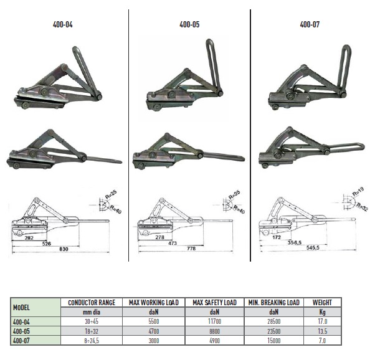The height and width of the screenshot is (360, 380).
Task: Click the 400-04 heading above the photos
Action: click(62, 24)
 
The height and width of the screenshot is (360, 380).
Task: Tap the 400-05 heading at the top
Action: click(189, 24)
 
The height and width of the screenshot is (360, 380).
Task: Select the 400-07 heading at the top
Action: click(310, 24)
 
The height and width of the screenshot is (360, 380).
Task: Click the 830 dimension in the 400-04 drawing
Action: click(64, 249)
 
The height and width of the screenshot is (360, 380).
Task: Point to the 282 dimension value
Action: click(29, 238)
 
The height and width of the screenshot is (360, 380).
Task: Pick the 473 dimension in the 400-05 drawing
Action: click(173, 243)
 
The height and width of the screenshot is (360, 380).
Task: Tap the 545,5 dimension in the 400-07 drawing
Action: click(313, 248)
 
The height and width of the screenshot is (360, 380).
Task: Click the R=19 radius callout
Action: click(358, 192)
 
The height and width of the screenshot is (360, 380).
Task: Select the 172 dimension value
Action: click(276, 237)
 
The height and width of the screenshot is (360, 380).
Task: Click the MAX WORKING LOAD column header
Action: click(154, 302)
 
